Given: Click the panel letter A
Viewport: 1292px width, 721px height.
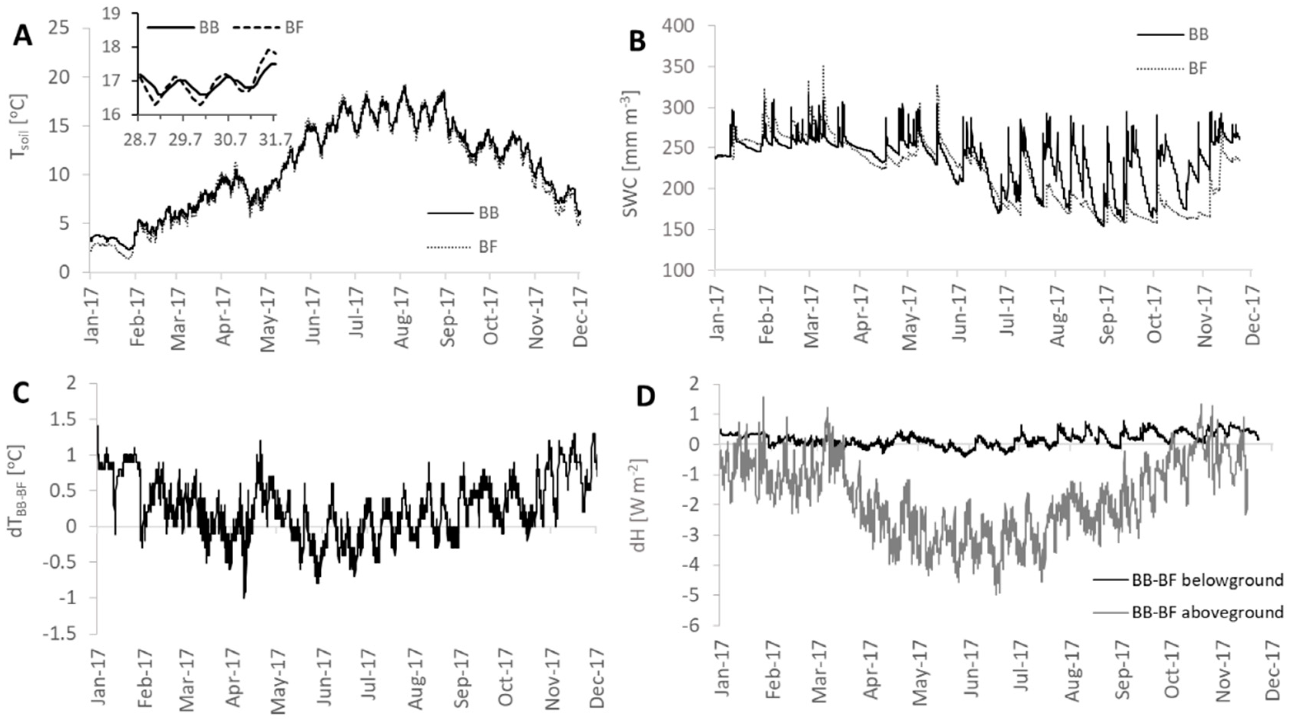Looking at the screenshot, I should (x=23, y=37).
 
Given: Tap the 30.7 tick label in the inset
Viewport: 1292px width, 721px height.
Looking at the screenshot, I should (x=230, y=139).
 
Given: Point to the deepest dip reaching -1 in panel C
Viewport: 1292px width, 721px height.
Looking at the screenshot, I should (x=244, y=597).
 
